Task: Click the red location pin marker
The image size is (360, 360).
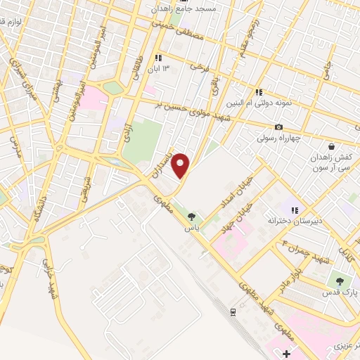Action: [181, 165]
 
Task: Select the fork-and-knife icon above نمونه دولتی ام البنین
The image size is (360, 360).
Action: [259, 91]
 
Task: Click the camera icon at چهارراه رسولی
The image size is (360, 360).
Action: [280, 127]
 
